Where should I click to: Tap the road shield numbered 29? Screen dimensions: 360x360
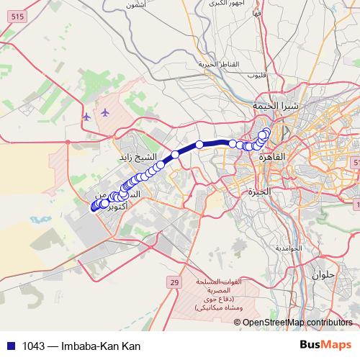[x=174, y=283]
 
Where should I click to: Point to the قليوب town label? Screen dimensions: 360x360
[x=258, y=75]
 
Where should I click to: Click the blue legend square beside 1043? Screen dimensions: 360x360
[x=9, y=346]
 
